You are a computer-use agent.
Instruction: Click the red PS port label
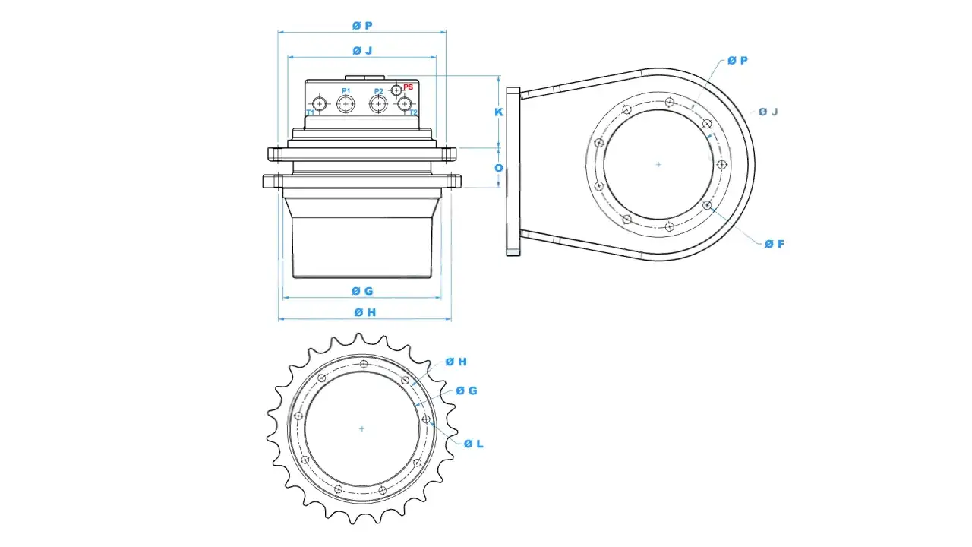[408, 87]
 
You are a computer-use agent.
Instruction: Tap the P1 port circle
[346, 104]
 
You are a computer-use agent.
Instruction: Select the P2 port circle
[378, 104]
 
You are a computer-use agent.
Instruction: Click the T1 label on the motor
[311, 113]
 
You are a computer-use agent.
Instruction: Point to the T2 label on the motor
[414, 113]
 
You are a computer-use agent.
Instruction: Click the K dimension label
[499, 112]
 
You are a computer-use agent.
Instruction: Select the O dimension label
[499, 168]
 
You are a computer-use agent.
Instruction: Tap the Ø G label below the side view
[362, 291]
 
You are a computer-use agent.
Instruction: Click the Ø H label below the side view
[365, 312]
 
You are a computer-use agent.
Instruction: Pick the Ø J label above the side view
[362, 51]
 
